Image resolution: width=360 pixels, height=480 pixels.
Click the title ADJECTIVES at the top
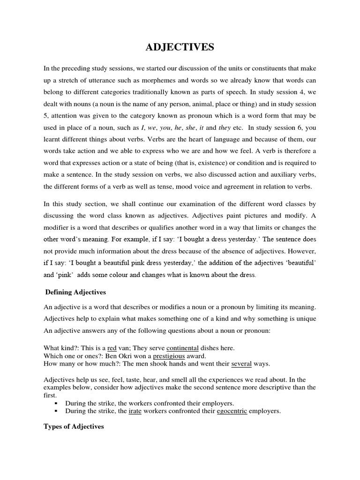180,47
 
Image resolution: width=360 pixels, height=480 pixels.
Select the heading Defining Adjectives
75,292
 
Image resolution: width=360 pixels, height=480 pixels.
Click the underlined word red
112,348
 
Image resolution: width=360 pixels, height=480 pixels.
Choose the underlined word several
242,364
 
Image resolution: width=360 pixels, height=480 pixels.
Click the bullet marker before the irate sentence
56,412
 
